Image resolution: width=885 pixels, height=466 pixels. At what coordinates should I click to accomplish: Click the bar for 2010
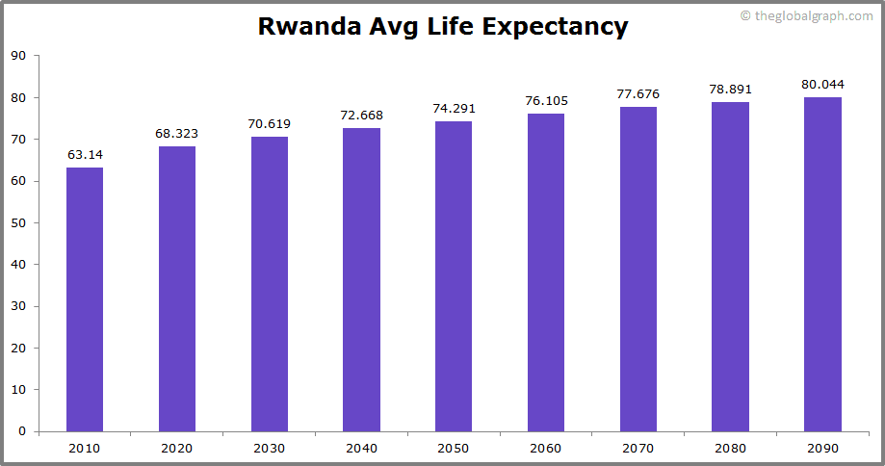pyautogui.click(x=85, y=299)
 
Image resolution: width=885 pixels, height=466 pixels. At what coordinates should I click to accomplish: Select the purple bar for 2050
pyautogui.click(x=454, y=276)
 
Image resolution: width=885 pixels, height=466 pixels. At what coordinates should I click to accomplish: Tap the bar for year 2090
pyautogui.click(x=822, y=264)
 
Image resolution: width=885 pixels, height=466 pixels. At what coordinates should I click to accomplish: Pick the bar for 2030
pyautogui.click(x=270, y=284)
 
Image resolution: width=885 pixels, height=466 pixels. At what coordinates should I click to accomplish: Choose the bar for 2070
pyautogui.click(x=638, y=269)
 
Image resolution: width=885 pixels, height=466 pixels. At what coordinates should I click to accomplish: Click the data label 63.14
pyautogui.click(x=85, y=154)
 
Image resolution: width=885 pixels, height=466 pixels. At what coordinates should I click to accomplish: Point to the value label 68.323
pyautogui.click(x=177, y=133)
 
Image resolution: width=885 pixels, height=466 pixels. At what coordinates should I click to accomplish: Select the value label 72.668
pyautogui.click(x=361, y=115)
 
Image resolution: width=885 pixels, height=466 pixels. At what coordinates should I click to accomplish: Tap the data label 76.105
pyautogui.click(x=546, y=100)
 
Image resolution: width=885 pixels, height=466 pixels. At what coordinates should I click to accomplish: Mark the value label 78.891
pyautogui.click(x=730, y=89)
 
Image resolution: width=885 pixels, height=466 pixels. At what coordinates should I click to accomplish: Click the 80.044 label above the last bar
pyautogui.click(x=822, y=84)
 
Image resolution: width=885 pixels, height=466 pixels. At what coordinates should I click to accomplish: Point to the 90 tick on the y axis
pyautogui.click(x=18, y=56)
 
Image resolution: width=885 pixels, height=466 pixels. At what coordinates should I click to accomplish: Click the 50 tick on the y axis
pyautogui.click(x=18, y=222)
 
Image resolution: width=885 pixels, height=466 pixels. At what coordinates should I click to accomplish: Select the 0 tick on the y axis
pyautogui.click(x=22, y=431)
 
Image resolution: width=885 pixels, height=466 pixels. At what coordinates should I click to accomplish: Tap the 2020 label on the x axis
pyautogui.click(x=177, y=448)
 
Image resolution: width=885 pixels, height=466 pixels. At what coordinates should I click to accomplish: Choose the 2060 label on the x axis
pyautogui.click(x=546, y=448)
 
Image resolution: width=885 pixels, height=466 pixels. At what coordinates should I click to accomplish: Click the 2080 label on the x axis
pyautogui.click(x=730, y=448)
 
